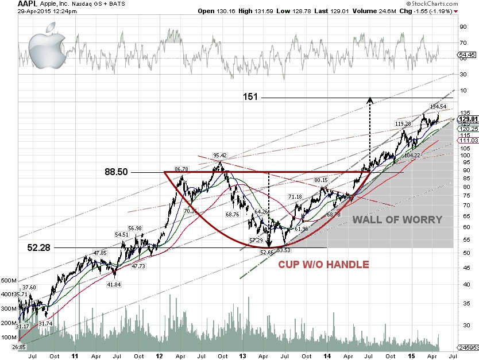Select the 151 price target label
[x=250, y=97]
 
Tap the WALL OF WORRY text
[x=397, y=219]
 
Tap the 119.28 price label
[x=403, y=124]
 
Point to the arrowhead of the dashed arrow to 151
[x=369, y=100]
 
